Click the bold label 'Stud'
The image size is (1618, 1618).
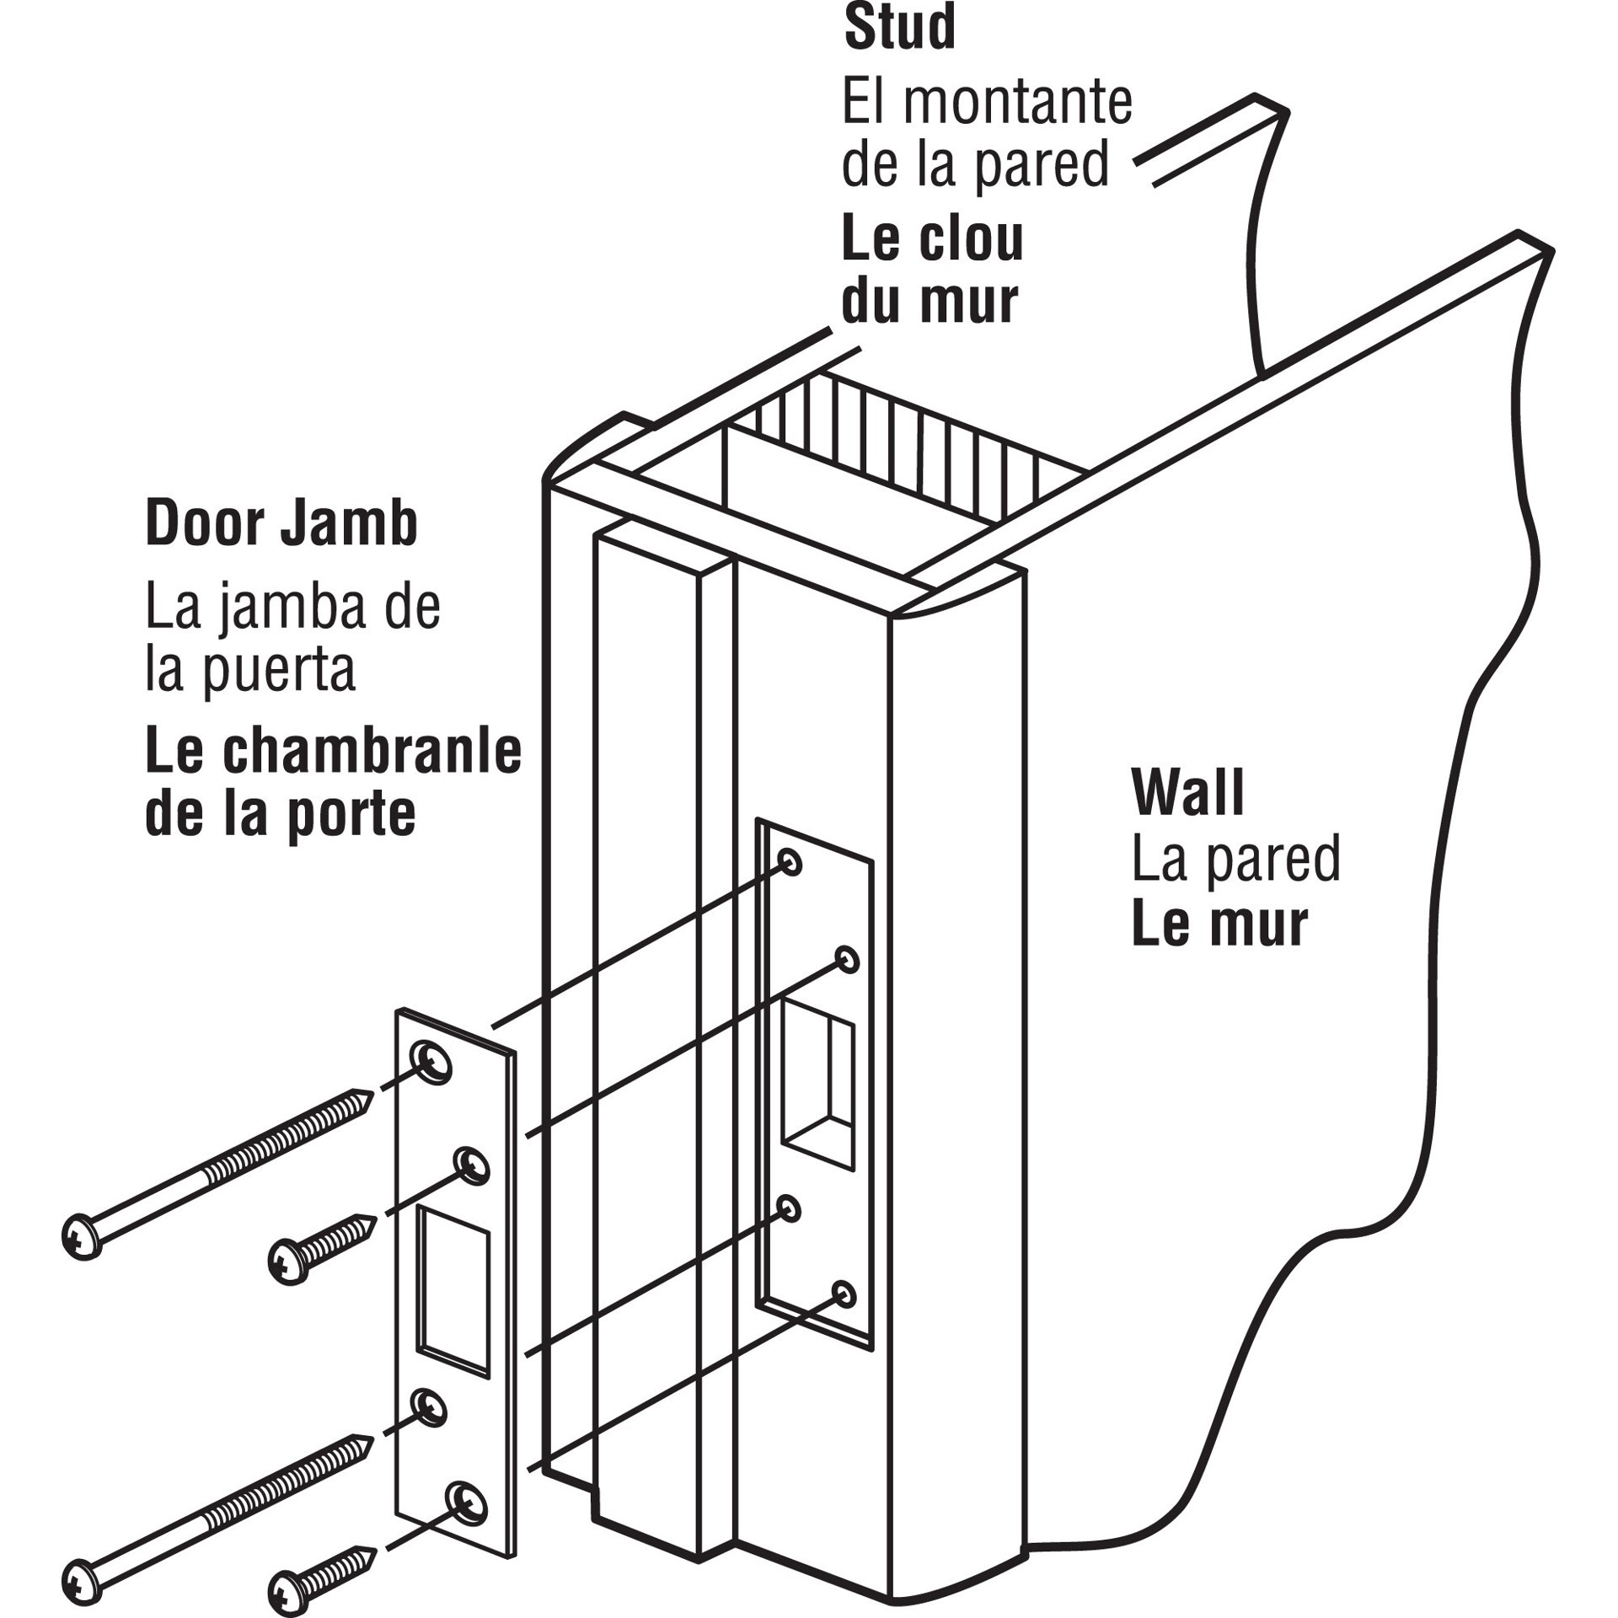coord(899,28)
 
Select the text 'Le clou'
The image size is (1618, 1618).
coord(932,240)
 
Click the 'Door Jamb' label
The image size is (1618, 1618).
coord(281,524)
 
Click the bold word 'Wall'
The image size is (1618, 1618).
coord(1188,793)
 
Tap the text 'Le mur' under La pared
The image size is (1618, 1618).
coord(1219,924)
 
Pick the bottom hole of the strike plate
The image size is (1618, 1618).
coord(467,1499)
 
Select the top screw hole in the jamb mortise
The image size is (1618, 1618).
coord(790,862)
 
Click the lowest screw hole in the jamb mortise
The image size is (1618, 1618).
coord(844,1294)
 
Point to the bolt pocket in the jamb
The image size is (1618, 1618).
coord(816,1079)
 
